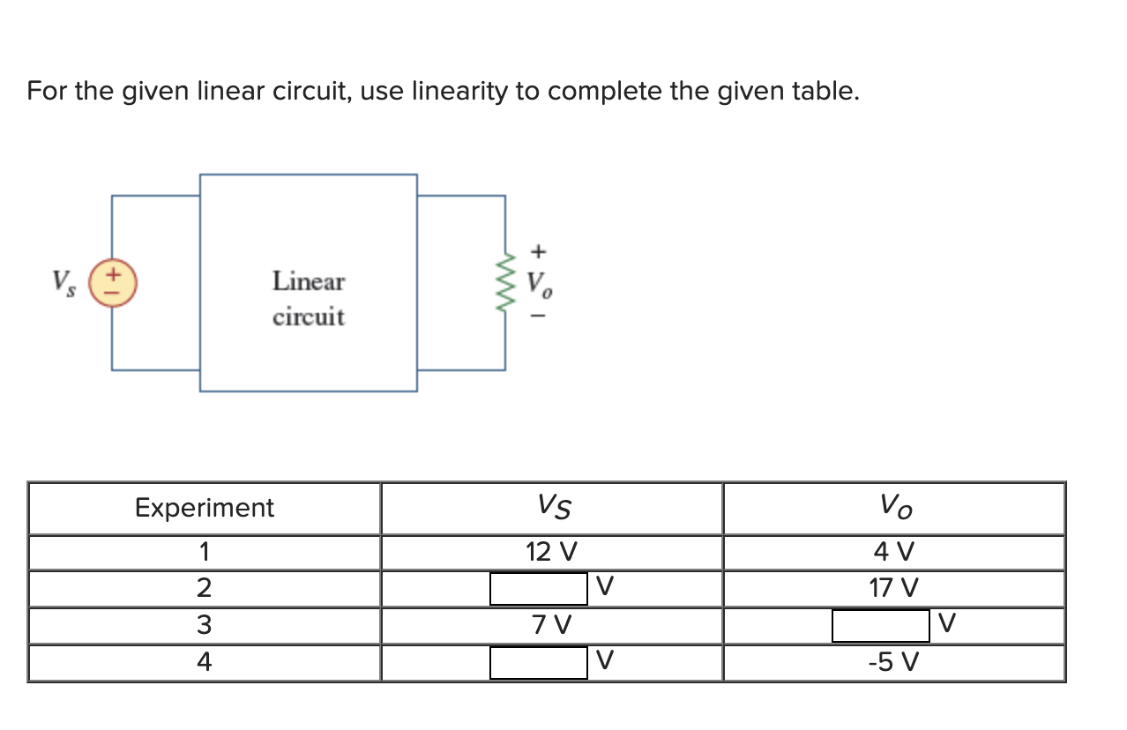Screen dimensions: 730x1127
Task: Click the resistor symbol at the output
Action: coord(505,282)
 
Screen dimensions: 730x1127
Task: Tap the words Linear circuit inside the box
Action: coord(308,299)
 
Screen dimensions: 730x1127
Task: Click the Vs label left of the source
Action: coord(63,282)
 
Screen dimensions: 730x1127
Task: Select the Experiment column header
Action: coord(204,508)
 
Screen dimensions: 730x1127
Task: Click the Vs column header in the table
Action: coord(553,507)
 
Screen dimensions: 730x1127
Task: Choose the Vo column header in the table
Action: coord(894,507)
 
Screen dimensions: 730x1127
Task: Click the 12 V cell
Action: coord(551,553)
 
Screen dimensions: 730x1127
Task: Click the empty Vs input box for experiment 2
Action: coord(538,588)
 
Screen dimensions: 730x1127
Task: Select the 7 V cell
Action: coord(551,625)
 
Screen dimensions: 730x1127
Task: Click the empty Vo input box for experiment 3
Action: coord(880,625)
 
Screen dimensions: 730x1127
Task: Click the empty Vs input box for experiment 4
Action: coord(538,662)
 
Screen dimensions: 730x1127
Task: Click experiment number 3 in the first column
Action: coord(204,625)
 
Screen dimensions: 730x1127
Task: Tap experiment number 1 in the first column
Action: coord(204,553)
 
